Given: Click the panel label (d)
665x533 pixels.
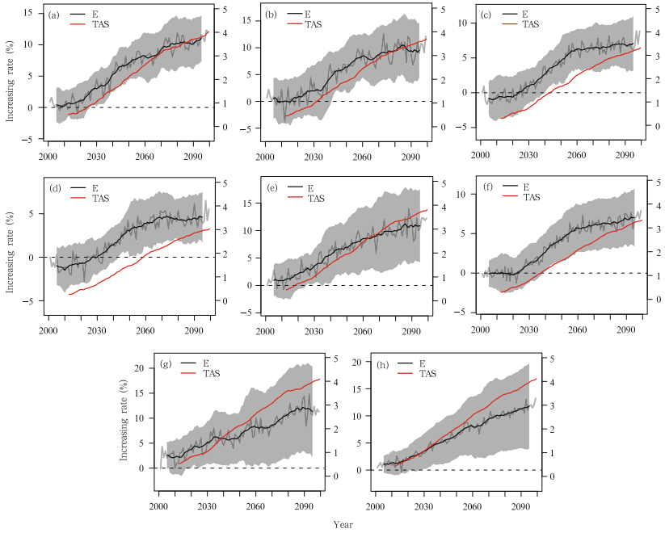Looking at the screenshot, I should click(x=55, y=187).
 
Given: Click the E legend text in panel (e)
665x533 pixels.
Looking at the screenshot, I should click(x=310, y=187).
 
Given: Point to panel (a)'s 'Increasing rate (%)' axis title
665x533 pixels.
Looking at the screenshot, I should click(x=11, y=76).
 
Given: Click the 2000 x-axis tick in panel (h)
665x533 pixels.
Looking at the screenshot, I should click(x=375, y=506).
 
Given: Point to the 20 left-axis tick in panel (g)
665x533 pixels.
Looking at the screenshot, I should click(x=139, y=368).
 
